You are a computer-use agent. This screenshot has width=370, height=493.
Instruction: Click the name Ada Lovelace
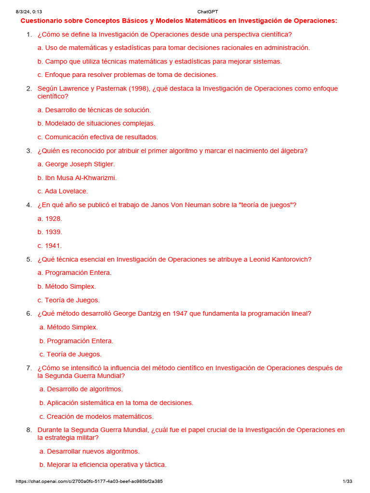click(x=66, y=191)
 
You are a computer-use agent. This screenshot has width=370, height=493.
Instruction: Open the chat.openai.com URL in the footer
click(x=89, y=481)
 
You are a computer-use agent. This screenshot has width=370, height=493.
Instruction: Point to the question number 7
click(x=29, y=368)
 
